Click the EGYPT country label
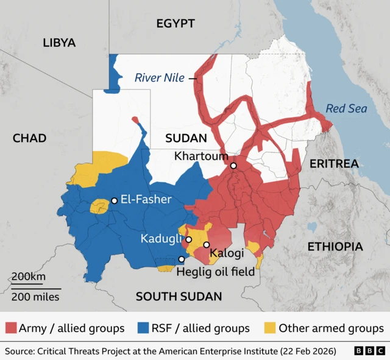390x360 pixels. (x=175, y=24)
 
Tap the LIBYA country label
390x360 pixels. (x=59, y=43)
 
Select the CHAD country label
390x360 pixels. (x=29, y=138)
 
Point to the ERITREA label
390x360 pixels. (x=333, y=164)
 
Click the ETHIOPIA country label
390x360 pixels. (x=335, y=247)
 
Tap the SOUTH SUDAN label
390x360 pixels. (x=179, y=296)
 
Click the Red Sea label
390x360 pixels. (x=346, y=108)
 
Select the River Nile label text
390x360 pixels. (x=160, y=77)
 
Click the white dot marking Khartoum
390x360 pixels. (x=233, y=166)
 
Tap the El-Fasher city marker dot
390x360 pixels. (x=114, y=200)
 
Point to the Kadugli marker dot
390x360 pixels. (x=189, y=239)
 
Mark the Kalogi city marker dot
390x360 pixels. (x=207, y=245)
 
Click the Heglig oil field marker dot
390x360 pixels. (x=181, y=259)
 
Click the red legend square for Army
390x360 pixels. (x=10, y=328)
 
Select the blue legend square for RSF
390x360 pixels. (x=144, y=328)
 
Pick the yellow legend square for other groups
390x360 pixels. (x=268, y=328)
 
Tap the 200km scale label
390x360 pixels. (x=29, y=277)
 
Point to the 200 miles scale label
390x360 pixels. (x=35, y=297)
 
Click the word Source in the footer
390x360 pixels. (x=19, y=351)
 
